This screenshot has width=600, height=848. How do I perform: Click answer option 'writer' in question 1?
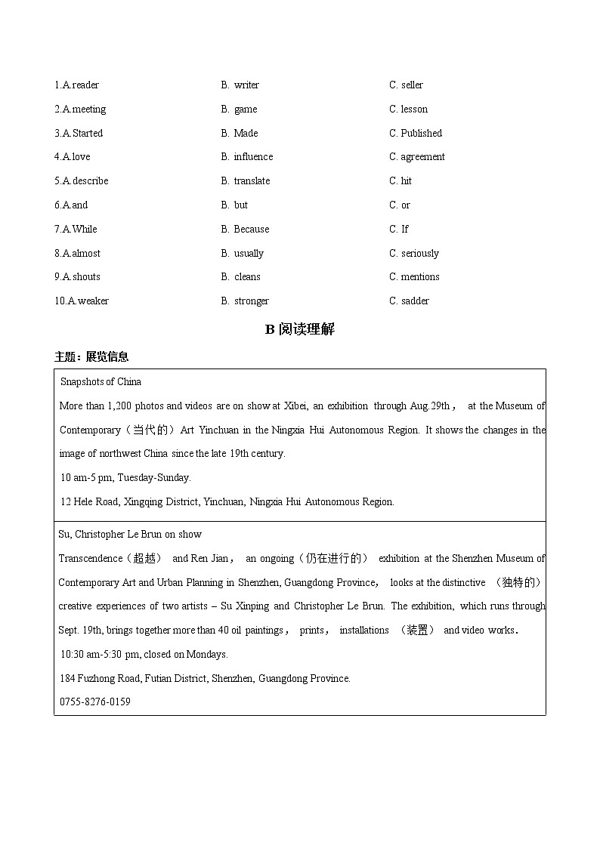[x=246, y=85]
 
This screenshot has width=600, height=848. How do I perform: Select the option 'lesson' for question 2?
[x=414, y=109]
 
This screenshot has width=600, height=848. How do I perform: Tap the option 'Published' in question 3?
[x=421, y=134]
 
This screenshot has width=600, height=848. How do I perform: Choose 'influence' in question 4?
[x=253, y=157]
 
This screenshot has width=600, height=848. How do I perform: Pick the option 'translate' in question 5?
[x=252, y=181]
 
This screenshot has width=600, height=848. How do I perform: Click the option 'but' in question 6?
[x=241, y=205]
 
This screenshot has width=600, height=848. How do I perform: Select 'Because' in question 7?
[x=251, y=230]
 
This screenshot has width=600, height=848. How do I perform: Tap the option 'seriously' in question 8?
[x=419, y=254]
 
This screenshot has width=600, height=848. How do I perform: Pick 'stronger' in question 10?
[x=251, y=301]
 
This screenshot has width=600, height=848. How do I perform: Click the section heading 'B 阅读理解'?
[x=299, y=329]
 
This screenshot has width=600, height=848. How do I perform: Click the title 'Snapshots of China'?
[x=101, y=382]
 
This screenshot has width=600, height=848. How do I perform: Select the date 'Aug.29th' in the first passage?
[x=430, y=406]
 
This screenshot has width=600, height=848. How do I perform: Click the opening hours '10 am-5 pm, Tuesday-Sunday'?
[x=125, y=478]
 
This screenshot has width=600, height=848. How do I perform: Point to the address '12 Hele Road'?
[x=90, y=502]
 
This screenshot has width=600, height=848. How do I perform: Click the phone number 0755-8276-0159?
[x=94, y=702]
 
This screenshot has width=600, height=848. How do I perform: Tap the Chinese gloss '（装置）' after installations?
[x=416, y=631]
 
